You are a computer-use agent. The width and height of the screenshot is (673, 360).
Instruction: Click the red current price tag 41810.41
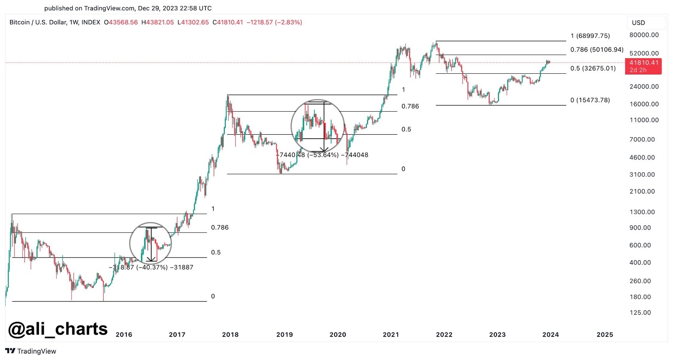click(x=643, y=66)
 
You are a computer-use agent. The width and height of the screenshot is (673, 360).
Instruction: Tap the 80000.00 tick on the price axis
click(x=644, y=35)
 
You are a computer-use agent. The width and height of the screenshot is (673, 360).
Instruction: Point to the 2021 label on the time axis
click(x=391, y=334)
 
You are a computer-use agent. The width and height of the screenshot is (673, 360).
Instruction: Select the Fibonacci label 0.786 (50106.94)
click(x=596, y=49)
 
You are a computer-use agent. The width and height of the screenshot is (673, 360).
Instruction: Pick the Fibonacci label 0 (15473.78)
click(x=590, y=100)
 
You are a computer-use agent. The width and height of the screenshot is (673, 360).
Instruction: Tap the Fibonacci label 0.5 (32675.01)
click(x=593, y=68)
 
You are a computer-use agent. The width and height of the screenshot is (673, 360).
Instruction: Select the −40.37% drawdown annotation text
click(x=151, y=267)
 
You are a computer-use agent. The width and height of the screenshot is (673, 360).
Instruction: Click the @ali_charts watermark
click(x=58, y=329)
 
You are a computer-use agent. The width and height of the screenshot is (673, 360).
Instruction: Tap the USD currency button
click(x=638, y=23)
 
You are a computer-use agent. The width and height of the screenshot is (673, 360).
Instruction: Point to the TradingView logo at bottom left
click(x=31, y=351)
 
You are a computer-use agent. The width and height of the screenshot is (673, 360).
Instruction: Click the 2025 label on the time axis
click(x=604, y=334)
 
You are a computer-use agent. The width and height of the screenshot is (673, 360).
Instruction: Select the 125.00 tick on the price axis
click(x=640, y=313)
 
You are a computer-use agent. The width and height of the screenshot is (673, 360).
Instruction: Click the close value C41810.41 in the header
click(x=227, y=22)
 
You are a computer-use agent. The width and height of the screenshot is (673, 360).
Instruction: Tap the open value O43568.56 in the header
click(x=121, y=22)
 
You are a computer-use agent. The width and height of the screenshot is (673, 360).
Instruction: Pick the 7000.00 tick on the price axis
click(x=642, y=139)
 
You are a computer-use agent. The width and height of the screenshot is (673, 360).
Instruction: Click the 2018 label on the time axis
click(x=230, y=334)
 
